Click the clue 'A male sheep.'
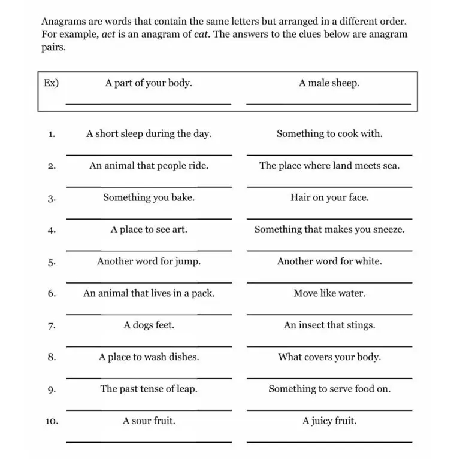[x=329, y=83]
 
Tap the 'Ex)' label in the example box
[x=52, y=83]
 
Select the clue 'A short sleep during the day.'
[x=149, y=134]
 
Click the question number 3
[x=52, y=198]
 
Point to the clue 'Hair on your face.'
[x=329, y=197]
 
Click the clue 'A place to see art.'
[x=149, y=230]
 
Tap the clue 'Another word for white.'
[x=329, y=261]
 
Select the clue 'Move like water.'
[x=329, y=293]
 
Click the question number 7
[x=52, y=326]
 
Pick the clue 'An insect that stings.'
[x=329, y=325]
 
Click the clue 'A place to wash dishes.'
[x=149, y=357]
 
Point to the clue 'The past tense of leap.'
[x=149, y=389]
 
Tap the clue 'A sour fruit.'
[x=149, y=421]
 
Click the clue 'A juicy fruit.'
[x=329, y=421]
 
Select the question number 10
[x=52, y=422]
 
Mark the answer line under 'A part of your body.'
[x=148, y=104]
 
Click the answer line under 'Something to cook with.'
[x=329, y=155]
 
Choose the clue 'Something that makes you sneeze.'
[x=329, y=230]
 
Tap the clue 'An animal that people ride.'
[x=149, y=166]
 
